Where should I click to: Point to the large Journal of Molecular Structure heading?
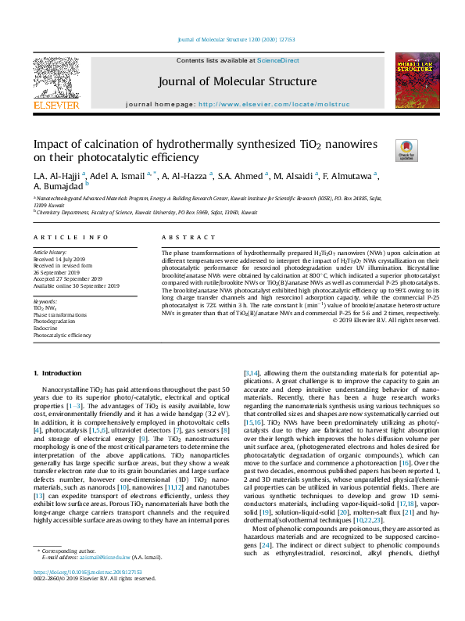click(x=237, y=81)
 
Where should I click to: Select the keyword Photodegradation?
click(x=55, y=321)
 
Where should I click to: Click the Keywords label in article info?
click(x=45, y=300)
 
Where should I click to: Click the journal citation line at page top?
click(x=232, y=40)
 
